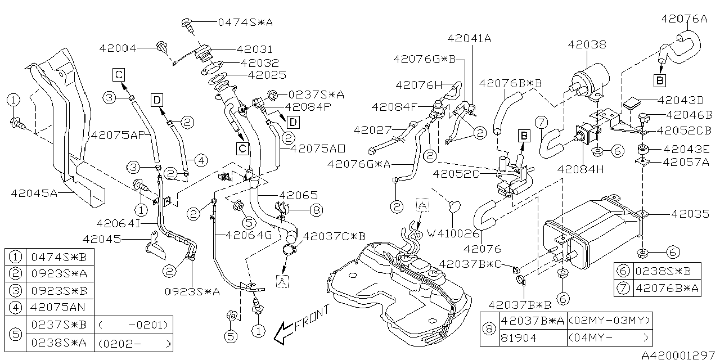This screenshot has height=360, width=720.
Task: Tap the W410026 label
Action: coord(453,232)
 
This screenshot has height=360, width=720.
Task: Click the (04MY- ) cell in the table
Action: coord(610,337)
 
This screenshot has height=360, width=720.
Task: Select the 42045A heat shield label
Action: coord(34,193)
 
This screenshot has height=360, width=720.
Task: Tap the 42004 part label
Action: coord(118,48)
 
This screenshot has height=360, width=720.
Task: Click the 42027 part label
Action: coord(372,130)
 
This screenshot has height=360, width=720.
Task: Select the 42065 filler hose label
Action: coord(298,195)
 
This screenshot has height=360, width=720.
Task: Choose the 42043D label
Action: coord(685,101)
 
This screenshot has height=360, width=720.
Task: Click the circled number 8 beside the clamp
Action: coord(317,210)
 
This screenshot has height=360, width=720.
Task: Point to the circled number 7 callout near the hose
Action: coord(541,122)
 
